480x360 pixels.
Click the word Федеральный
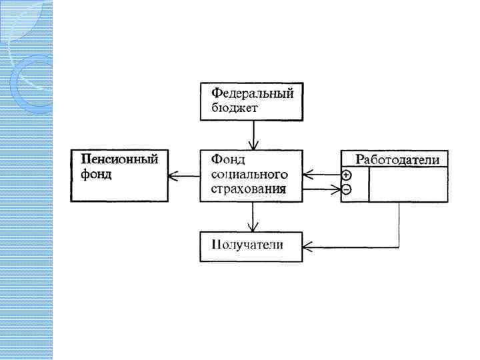tap(252, 92)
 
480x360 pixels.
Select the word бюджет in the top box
tap(231, 107)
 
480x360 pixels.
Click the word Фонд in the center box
tap(228, 159)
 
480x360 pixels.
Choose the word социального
tap(249, 175)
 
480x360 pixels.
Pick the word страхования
tap(249, 189)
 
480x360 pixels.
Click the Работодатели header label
tap(397, 159)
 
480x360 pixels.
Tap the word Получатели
tap(247, 244)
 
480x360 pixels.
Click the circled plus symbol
tap(347, 175)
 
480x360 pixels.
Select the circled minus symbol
tap(347, 190)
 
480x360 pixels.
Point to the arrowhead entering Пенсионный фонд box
tap(173, 176)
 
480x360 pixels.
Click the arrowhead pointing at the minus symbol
tap(336, 190)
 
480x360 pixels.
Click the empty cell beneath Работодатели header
tap(408, 183)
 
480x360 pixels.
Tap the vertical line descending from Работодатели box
tap(399, 223)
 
